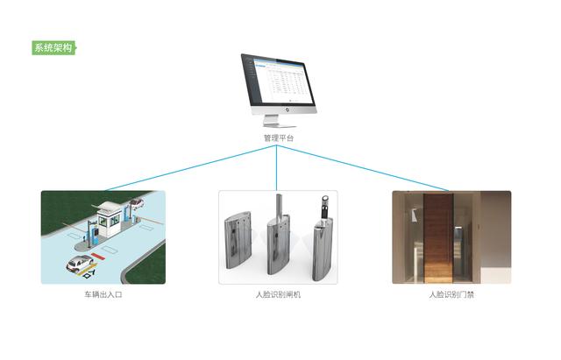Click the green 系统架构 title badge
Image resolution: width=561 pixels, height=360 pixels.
click(54, 47)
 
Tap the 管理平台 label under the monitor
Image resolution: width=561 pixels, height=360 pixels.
click(279, 138)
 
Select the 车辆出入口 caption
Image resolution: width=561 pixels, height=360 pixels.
click(103, 294)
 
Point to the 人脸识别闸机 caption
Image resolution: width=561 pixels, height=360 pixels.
click(278, 294)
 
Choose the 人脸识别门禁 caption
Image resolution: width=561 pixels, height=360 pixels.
click(451, 294)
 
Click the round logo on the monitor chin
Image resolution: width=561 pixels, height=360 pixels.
click(287, 109)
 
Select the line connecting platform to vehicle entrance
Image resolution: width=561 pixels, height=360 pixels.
click(191, 168)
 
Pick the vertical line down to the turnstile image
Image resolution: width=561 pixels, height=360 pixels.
click(277, 167)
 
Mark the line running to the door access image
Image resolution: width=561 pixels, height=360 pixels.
click(362, 168)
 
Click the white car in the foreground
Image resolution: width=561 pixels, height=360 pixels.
click(80, 264)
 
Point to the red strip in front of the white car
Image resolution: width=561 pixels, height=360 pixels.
click(97, 257)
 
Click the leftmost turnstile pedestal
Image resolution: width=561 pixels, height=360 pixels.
click(238, 239)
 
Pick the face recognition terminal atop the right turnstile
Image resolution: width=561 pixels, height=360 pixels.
click(325, 207)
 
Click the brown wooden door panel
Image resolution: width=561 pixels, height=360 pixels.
click(438, 238)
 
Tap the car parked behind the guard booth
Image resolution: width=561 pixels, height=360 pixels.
click(137, 203)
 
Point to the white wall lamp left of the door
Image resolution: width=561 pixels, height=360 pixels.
click(414, 215)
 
